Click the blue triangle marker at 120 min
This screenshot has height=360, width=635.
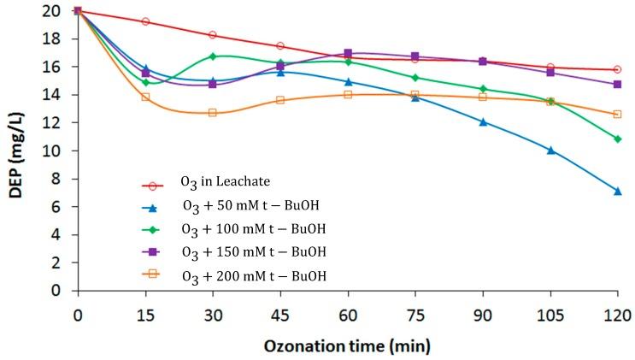[x=617, y=191]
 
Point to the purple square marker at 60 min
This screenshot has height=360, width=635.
[x=348, y=53]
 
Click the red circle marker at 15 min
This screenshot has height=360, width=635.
[x=145, y=21]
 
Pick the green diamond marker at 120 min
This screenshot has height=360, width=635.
[x=617, y=139]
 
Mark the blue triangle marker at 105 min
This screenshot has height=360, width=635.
[x=550, y=150]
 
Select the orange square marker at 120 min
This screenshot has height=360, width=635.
[x=617, y=114]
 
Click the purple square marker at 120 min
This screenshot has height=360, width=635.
[x=617, y=84]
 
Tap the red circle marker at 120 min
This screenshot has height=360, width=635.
[x=617, y=69]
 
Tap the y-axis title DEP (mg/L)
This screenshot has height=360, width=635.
[x=16, y=150]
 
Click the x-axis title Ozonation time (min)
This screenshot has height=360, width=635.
[x=346, y=345]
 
